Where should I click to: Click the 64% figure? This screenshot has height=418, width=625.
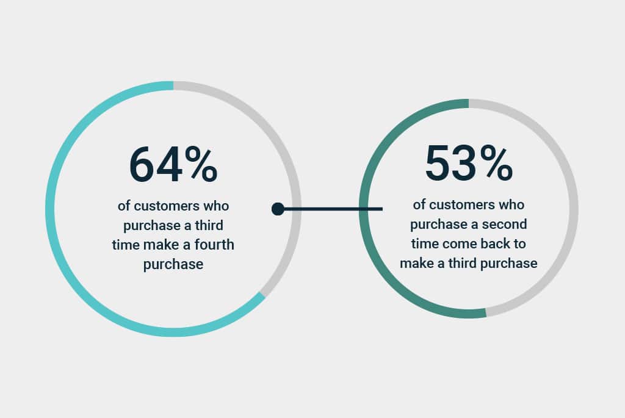[x=173, y=164]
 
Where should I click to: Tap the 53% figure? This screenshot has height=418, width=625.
[x=469, y=162]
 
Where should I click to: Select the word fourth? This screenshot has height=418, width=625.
[x=214, y=244]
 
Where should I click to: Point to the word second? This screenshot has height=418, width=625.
[x=505, y=224]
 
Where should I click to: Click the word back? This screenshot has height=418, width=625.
[x=495, y=243]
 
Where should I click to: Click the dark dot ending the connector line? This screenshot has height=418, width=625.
[x=278, y=209]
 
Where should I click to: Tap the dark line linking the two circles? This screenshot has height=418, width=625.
[x=330, y=209]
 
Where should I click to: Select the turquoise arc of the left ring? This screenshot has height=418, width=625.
[x=50, y=209]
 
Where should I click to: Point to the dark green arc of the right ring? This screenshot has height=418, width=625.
[x=364, y=209]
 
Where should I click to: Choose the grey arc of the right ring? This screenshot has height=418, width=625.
[x=574, y=209]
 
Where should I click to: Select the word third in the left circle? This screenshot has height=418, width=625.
[x=209, y=225]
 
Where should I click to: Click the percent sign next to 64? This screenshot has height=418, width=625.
[x=201, y=164]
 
